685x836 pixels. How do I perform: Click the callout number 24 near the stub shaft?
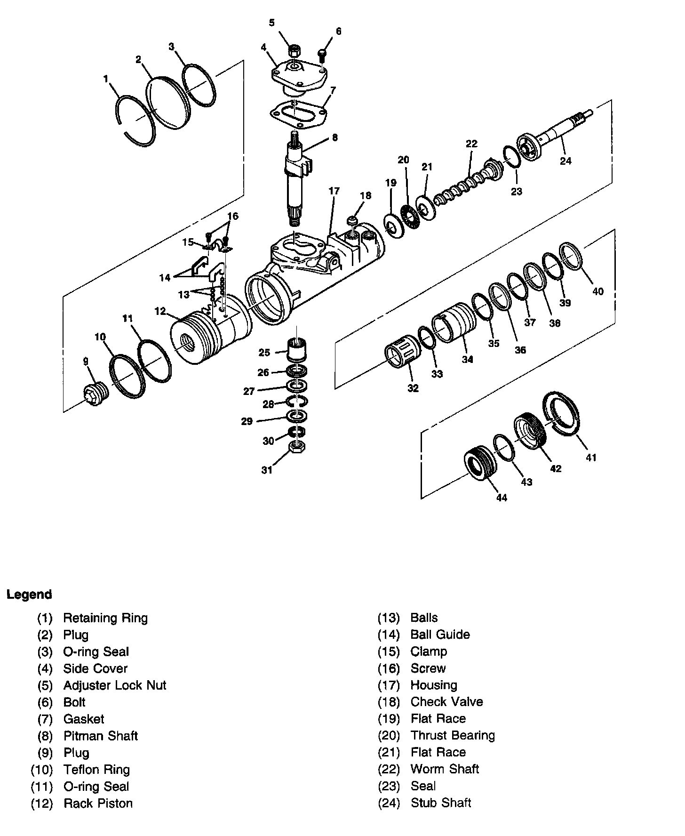pyautogui.click(x=566, y=161)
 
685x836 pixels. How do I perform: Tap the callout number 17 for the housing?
pyautogui.click(x=334, y=191)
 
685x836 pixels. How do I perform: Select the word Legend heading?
pyautogui.click(x=29, y=595)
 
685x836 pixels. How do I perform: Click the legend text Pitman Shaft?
pyautogui.click(x=101, y=736)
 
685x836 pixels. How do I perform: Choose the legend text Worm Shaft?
pyautogui.click(x=445, y=769)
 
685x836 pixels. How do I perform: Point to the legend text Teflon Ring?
pyautogui.click(x=96, y=770)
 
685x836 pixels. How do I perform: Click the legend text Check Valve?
pyautogui.click(x=446, y=702)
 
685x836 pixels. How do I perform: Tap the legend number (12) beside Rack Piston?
pyautogui.click(x=41, y=804)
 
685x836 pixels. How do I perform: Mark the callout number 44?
pyautogui.click(x=502, y=498)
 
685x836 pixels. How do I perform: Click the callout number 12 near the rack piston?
pyautogui.click(x=160, y=311)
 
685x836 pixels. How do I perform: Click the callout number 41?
pyautogui.click(x=591, y=457)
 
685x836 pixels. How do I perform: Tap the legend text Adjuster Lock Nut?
pyautogui.click(x=115, y=685)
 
